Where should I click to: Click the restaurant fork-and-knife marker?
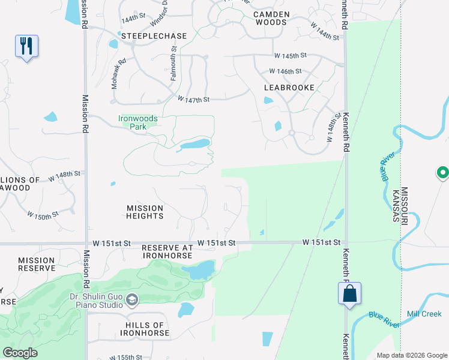pos(26,46)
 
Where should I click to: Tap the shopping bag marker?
pos(349,294)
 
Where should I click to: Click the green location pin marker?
pos(442,173)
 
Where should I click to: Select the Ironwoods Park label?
pos(138,122)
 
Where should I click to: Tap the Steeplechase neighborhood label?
pos(154,36)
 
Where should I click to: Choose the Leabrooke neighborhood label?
pos(289,87)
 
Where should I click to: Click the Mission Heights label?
pos(145,212)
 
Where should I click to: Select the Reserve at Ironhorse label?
pos(167,251)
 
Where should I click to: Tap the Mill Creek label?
pos(424,314)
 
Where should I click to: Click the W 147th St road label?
pos(193,99)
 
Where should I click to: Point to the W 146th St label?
pos(285,71)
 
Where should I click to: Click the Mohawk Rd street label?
pos(118,74)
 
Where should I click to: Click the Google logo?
pos(20,353)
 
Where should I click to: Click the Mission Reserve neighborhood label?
pos(37,264)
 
